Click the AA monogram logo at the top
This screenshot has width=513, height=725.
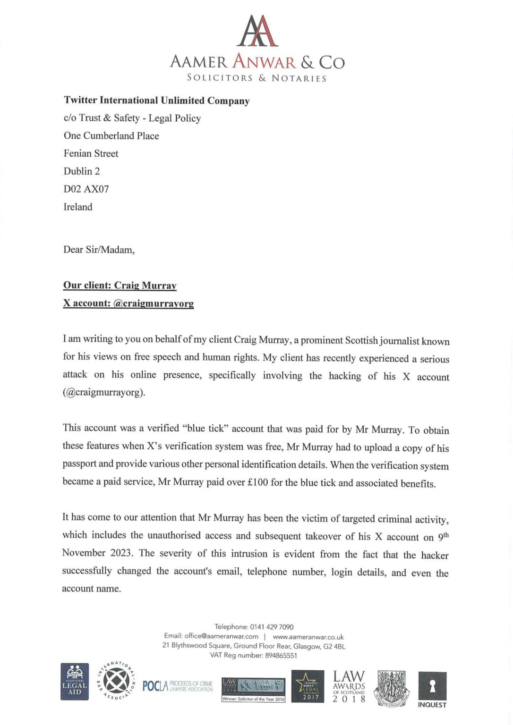257,31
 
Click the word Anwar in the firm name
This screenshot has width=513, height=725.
264,62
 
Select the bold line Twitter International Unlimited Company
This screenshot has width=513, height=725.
156,101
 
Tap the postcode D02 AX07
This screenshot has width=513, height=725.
86,189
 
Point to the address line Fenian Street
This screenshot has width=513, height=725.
91,153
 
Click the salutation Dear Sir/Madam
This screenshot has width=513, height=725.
99,250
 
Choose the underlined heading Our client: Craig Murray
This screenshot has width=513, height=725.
120,286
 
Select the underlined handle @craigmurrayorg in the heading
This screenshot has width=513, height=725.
154,303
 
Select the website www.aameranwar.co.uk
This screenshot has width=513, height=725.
308,637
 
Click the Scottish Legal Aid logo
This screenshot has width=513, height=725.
75,682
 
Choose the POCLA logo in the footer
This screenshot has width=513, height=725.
178,686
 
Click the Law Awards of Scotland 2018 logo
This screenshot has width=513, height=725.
349,686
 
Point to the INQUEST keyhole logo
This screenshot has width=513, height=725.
432,689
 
